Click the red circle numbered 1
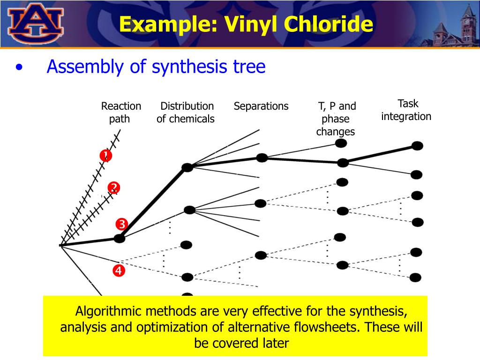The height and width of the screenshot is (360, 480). pyautogui.click(x=106, y=156)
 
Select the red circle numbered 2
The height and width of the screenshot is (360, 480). pyautogui.click(x=114, y=187)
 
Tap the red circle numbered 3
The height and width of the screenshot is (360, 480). pyautogui.click(x=121, y=225)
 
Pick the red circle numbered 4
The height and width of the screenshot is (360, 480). pyautogui.click(x=119, y=270)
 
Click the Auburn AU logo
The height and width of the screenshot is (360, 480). pyautogui.click(x=36, y=23)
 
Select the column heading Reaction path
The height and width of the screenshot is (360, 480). pyautogui.click(x=121, y=112)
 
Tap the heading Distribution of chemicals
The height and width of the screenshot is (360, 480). pyautogui.click(x=186, y=112)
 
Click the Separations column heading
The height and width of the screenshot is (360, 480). pyautogui.click(x=261, y=106)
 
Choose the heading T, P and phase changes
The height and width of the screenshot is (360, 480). pyautogui.click(x=337, y=119)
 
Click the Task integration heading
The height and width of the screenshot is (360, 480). pyautogui.click(x=406, y=110)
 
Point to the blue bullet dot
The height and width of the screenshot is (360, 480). pyautogui.click(x=19, y=67)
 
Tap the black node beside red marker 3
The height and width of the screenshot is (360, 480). pyautogui.click(x=120, y=239)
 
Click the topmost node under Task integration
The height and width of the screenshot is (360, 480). pyautogui.click(x=417, y=146)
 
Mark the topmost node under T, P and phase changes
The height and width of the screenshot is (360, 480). pyautogui.click(x=341, y=143)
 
